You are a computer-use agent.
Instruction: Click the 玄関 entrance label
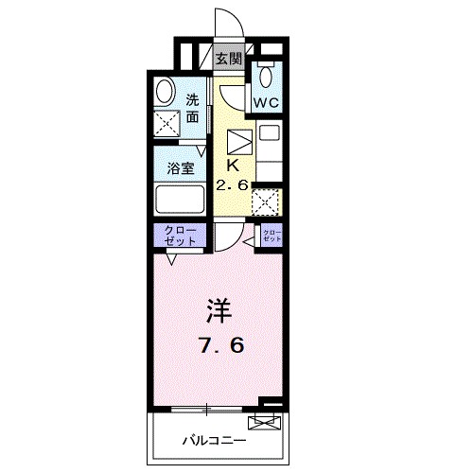click(x=228, y=59)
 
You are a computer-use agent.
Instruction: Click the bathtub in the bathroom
click(x=179, y=201)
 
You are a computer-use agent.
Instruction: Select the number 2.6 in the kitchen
click(x=233, y=184)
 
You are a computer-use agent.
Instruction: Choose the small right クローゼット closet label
click(x=272, y=236)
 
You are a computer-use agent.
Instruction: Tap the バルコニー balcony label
click(x=215, y=441)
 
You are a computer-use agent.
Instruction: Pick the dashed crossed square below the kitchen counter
click(x=268, y=202)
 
